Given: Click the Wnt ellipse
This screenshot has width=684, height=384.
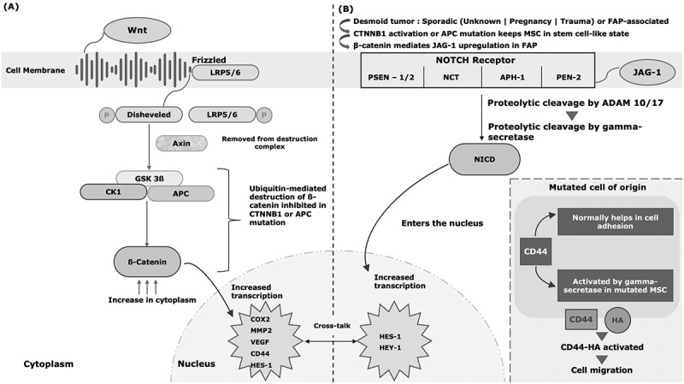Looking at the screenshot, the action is pos(137,31).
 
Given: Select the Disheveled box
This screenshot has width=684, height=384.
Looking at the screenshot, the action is pos(149,115).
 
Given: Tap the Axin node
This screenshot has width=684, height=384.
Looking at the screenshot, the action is pos(181,143).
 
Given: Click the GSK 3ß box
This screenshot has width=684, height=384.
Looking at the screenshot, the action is pos(149,178).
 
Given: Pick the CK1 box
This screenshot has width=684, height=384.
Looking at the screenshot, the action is pos(114,192).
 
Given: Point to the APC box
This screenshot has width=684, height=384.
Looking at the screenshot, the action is pos(180,193).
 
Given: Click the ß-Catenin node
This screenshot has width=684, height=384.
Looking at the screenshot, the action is pos(147,263).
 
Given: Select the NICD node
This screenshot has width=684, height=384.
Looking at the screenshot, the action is pos(484,160).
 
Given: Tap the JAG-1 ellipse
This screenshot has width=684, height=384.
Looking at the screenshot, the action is pos(647,73).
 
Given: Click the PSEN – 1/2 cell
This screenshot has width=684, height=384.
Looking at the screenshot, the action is pos(392,77).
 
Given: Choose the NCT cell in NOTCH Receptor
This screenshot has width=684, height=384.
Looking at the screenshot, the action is pos(452,77).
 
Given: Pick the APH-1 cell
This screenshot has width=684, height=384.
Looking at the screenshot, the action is pos(511,77).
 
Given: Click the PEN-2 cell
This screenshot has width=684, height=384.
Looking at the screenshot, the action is pos(568,77).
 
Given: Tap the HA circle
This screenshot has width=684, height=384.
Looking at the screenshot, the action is pos(617,321).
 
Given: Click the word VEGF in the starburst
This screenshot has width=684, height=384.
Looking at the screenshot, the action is pos(260,342).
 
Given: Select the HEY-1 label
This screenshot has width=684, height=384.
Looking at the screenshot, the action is pos(390,348).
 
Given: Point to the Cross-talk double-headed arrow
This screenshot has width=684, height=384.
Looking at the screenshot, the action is pos(331,341).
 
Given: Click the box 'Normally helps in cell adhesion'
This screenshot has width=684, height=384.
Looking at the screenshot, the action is pos(615,222).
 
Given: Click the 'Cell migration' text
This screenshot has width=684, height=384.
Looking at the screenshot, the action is pos(602,370).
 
